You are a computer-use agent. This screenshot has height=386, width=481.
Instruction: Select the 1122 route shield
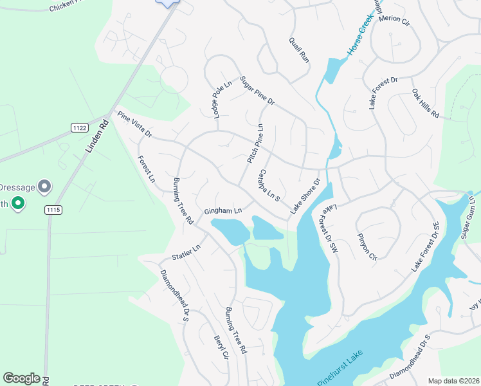[x=80, y=128]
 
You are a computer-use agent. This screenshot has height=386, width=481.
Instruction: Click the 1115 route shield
[x=53, y=210]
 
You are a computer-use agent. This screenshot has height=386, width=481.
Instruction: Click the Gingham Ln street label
[x=223, y=210]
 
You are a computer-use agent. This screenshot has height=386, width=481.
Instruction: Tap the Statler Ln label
[x=186, y=252]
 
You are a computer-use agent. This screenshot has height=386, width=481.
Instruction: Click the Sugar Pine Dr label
[x=257, y=91]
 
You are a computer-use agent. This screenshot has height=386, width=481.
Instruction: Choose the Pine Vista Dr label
[x=134, y=124]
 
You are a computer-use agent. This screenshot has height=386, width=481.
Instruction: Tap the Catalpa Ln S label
[x=268, y=187]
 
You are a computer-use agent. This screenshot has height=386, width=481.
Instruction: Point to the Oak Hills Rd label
[x=425, y=104]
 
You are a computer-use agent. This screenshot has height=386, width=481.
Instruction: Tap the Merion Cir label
[x=394, y=19]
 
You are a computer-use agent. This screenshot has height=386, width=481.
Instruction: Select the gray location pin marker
[x=44, y=186]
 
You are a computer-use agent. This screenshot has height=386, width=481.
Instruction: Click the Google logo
[x=22, y=378]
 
